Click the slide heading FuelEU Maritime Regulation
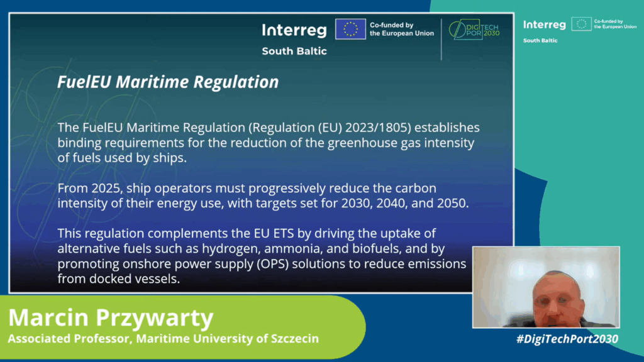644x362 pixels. click(x=167, y=82)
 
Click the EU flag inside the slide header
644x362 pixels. click(x=350, y=29)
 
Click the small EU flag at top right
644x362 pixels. click(x=581, y=25)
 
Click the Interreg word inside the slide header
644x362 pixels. click(x=294, y=30)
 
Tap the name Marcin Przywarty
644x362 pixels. click(x=111, y=317)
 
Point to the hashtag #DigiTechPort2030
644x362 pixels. click(x=567, y=339)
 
